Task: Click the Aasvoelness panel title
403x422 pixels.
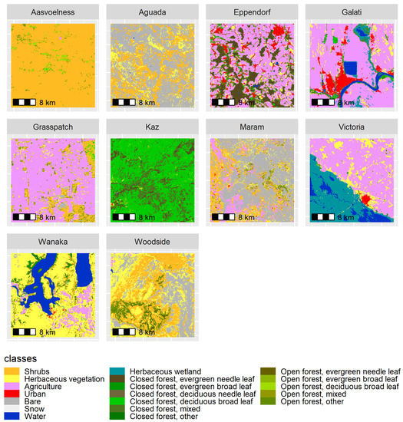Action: point(51,13)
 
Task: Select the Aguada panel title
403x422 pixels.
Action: point(150,13)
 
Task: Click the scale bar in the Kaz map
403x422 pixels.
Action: point(124,217)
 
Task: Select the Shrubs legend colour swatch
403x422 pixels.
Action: point(10,371)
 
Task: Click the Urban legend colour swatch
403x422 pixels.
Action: point(10,394)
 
